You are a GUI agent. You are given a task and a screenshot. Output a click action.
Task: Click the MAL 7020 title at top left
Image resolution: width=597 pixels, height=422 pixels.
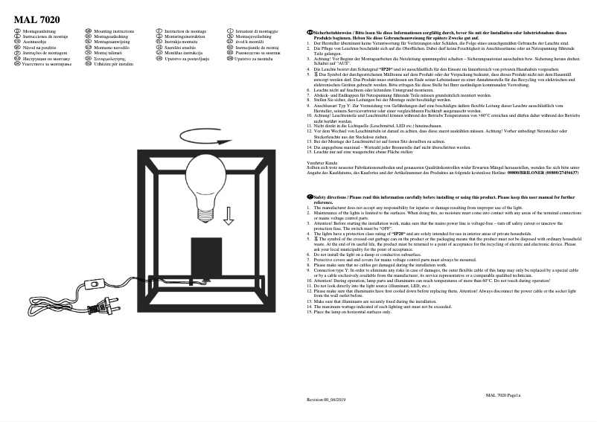point(36,19)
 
